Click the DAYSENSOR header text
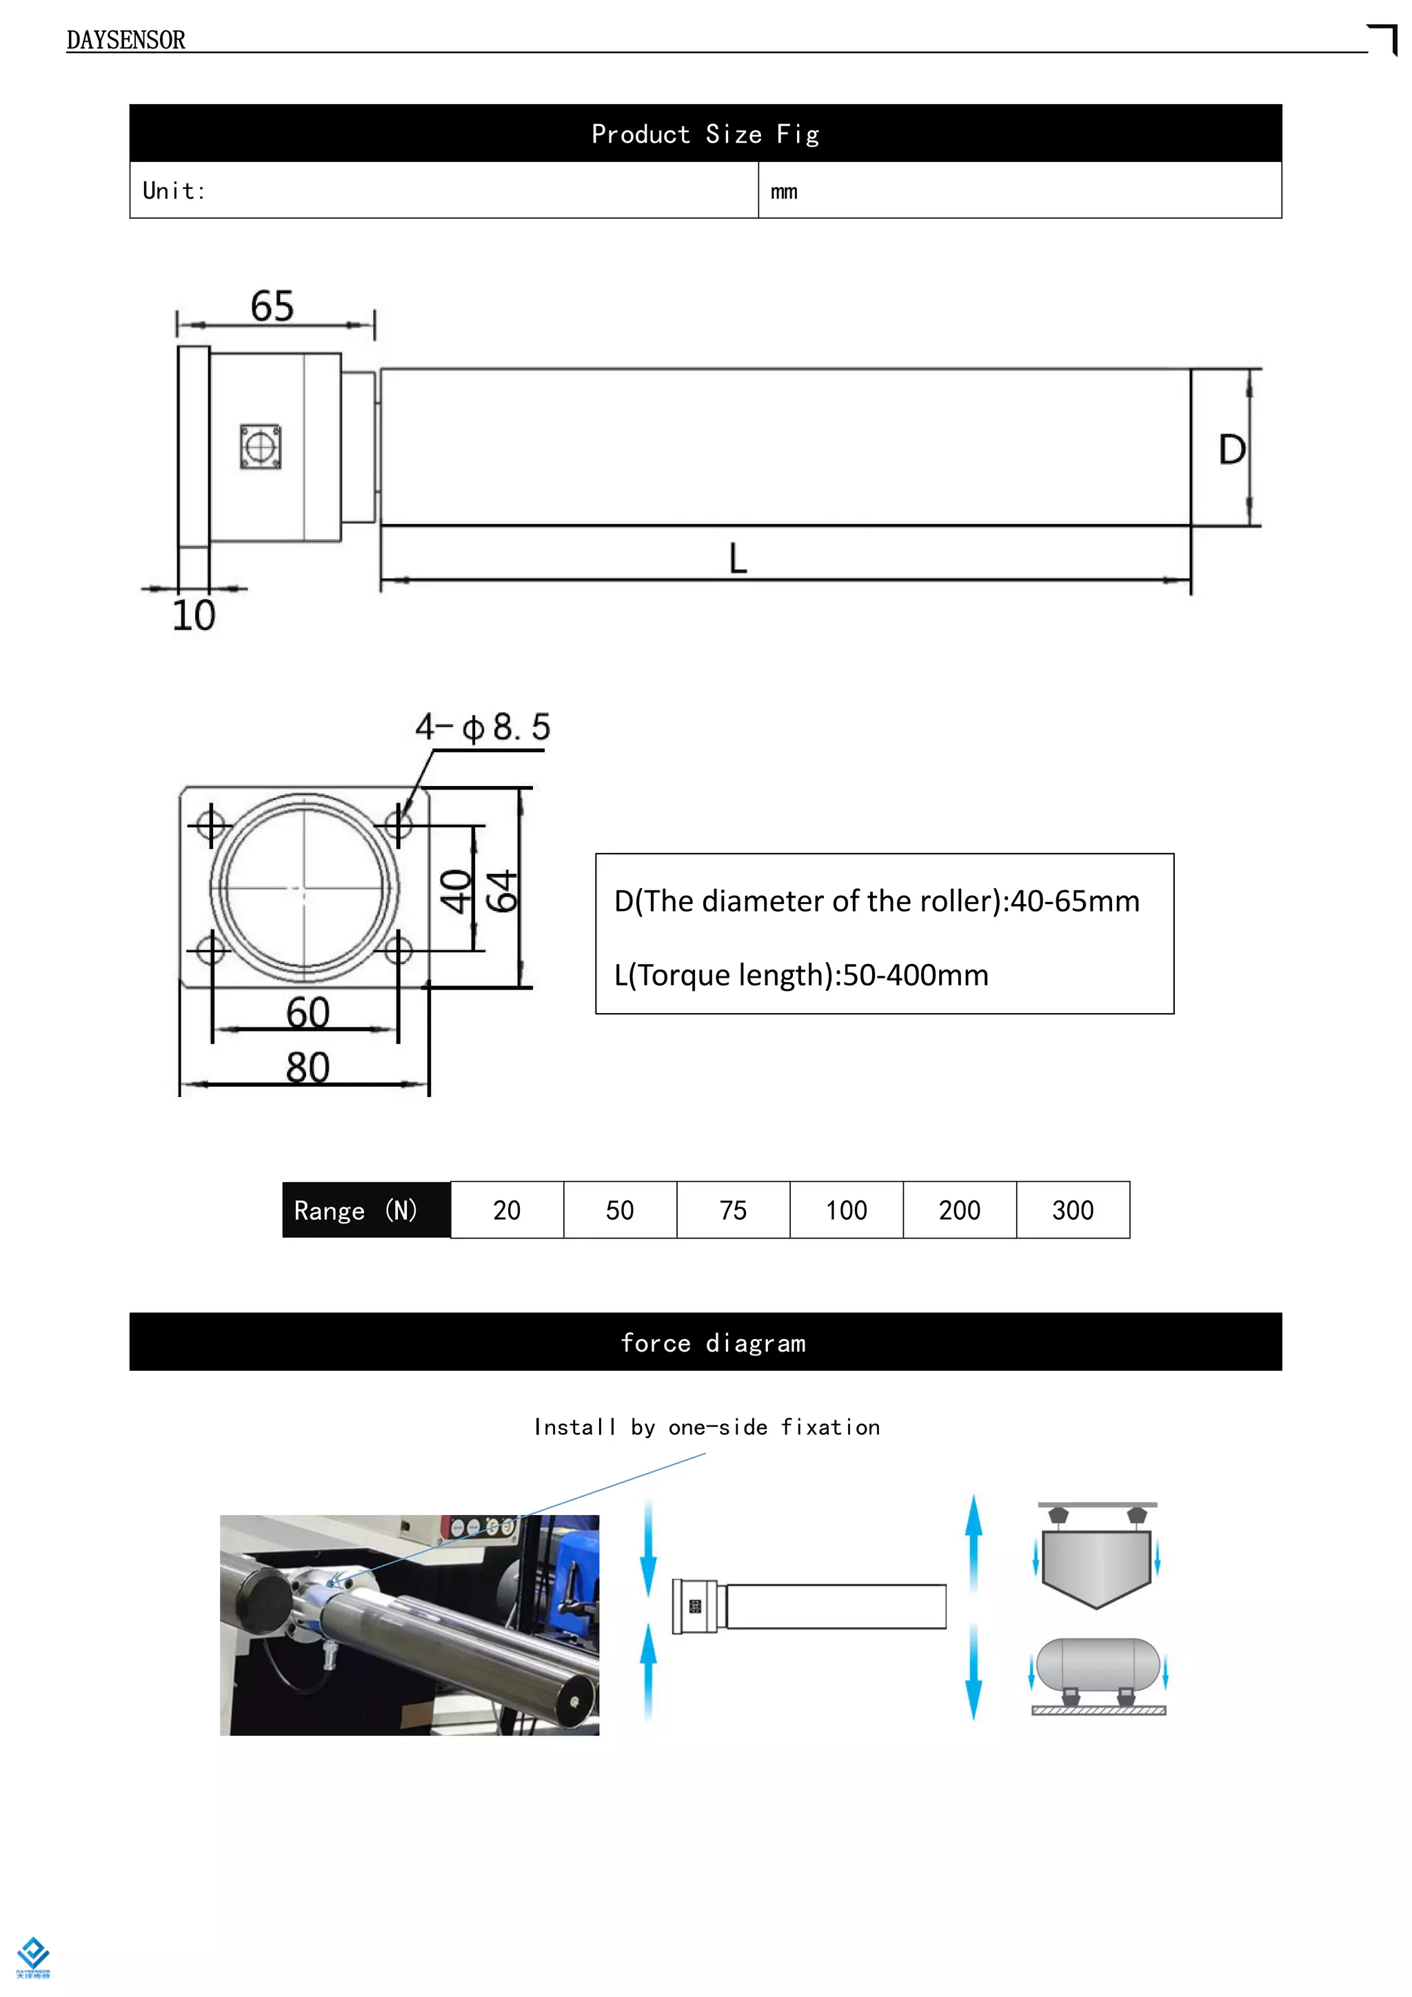(125, 40)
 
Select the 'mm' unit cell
(784, 191)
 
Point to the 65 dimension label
(272, 307)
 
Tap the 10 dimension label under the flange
(193, 616)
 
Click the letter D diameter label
(1231, 450)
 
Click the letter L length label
(737, 559)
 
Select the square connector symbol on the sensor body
(260, 447)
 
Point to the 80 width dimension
(307, 1067)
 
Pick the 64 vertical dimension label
(502, 891)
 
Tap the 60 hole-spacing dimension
(307, 1013)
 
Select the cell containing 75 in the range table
(733, 1210)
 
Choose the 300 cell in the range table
(1072, 1210)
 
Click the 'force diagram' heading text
(713, 1343)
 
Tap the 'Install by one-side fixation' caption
(706, 1427)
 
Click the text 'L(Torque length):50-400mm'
(800, 975)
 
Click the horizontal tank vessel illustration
(1098, 1664)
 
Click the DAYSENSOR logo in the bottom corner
(33, 1957)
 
